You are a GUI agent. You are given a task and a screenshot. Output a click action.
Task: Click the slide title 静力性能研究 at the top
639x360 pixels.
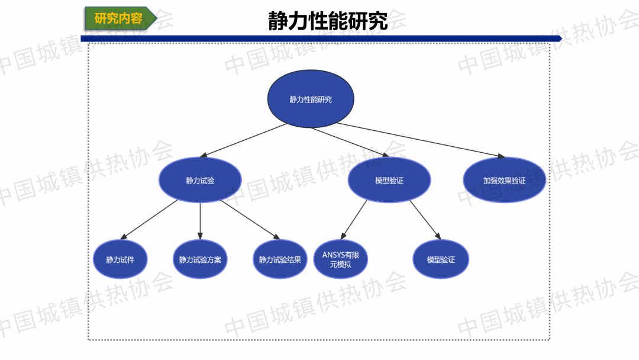pyautogui.click(x=328, y=21)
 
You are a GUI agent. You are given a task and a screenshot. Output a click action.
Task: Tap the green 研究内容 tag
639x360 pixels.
pyautogui.click(x=119, y=18)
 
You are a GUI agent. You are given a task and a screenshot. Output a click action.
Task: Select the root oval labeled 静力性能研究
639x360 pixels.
pyautogui.click(x=311, y=99)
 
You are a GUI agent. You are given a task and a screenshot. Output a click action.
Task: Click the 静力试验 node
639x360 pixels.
pyautogui.click(x=200, y=181)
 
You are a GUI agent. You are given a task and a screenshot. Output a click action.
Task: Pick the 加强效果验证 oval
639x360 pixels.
pyautogui.click(x=504, y=181)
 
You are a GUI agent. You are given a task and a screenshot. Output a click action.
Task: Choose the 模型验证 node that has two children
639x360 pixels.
pyautogui.click(x=389, y=181)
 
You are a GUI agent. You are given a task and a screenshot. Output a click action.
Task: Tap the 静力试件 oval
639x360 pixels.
pyautogui.click(x=120, y=259)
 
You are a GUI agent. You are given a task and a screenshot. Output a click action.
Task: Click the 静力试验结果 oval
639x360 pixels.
pyautogui.click(x=280, y=259)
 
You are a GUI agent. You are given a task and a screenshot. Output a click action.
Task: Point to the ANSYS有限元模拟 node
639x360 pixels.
pyautogui.click(x=340, y=259)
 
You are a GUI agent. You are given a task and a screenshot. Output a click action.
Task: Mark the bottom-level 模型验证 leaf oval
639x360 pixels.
pyautogui.click(x=441, y=259)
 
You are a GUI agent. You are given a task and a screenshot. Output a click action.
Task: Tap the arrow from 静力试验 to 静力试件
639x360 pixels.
pyautogui.click(x=150, y=220)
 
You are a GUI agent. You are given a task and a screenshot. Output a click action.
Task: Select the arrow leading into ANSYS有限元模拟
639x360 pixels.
pyautogui.click(x=354, y=219)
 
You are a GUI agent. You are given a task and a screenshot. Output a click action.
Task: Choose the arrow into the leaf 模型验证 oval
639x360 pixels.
pyautogui.click(x=425, y=219)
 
